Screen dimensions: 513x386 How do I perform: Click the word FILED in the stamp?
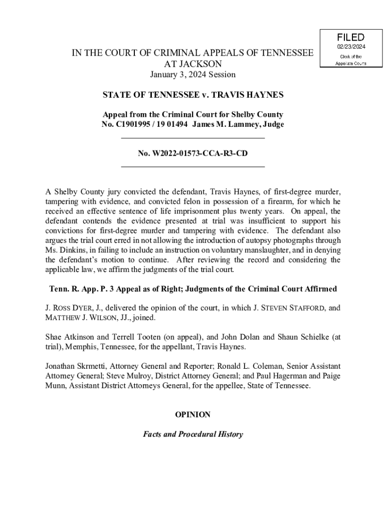click(350, 38)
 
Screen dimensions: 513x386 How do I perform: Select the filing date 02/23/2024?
click(350, 47)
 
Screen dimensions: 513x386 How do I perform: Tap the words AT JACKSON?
click(193, 64)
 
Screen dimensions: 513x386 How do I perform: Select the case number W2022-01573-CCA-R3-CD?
click(193, 153)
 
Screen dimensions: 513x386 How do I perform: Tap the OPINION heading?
click(192, 415)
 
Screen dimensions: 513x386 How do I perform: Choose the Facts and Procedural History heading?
click(193, 434)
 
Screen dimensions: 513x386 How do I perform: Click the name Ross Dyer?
click(70, 308)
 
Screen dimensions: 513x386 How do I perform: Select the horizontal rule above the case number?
click(193, 137)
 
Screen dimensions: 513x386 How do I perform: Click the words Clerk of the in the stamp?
click(350, 56)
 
